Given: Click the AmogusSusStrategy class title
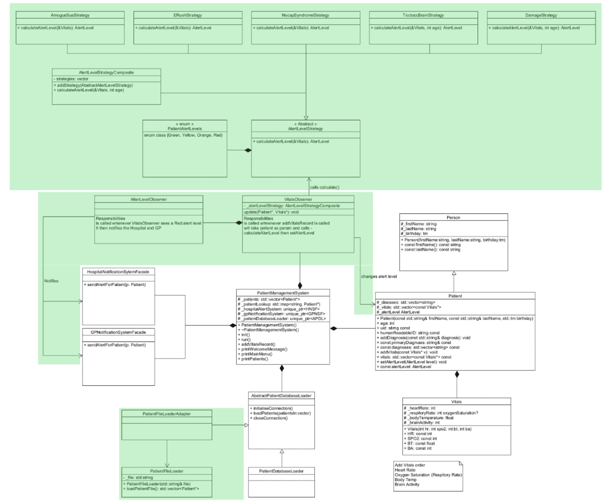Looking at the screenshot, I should click(x=70, y=15).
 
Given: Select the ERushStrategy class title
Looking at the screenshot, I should click(x=187, y=15).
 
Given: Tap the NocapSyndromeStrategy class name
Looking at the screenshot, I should click(x=305, y=15).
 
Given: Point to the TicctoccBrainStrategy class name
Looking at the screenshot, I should click(x=423, y=15).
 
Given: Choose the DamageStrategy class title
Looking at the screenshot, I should click(x=541, y=15).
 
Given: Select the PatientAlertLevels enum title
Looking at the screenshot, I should click(x=185, y=129).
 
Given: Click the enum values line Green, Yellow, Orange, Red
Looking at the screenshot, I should click(x=183, y=135).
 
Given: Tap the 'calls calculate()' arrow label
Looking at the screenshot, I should click(x=325, y=187).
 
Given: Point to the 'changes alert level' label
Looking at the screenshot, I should click(x=379, y=276).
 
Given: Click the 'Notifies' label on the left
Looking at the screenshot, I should click(x=51, y=281).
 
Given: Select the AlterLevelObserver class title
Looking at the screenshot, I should click(x=149, y=199).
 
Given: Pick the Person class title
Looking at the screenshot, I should click(x=453, y=217).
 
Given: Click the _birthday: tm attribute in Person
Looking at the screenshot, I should click(x=415, y=234).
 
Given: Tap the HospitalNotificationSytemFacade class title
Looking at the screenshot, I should click(x=118, y=272).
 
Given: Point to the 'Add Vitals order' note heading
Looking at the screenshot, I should click(x=410, y=465).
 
